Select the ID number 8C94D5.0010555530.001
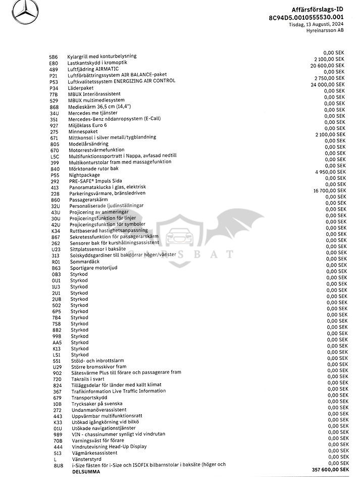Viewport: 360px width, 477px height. point(310,17)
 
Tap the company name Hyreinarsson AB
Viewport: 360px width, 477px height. point(327,30)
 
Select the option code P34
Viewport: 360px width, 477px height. point(54,87)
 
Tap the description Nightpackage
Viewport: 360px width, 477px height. point(83,175)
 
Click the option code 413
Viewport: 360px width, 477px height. point(55,187)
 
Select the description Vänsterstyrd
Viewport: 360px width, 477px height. point(87,459)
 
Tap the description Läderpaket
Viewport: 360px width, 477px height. point(81,87)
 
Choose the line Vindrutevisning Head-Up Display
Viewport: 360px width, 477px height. point(109,447)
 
